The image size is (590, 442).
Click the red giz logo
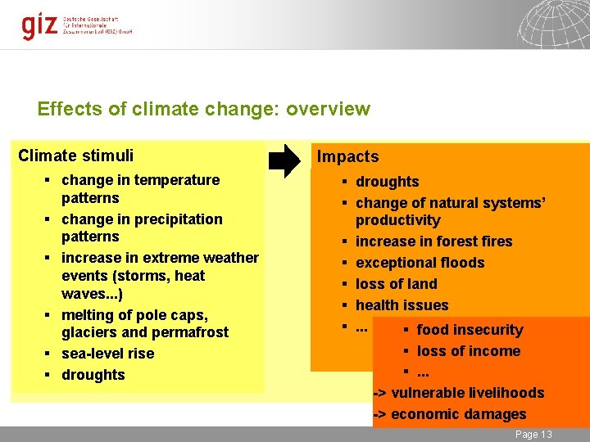pos(39,25)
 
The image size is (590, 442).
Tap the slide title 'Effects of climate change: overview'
pos(204,109)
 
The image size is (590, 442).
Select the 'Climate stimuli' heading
pos(75,156)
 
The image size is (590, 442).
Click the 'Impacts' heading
pos(347,156)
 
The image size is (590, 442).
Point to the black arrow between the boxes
pos(285,160)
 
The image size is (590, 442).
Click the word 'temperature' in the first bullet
pos(179,180)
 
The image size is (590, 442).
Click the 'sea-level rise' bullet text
pos(107,354)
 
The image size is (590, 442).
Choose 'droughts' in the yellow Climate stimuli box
pos(93,375)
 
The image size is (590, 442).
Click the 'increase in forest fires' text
pos(433,241)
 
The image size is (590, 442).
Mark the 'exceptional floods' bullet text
pos(420,263)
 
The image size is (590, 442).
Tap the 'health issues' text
pos(402,305)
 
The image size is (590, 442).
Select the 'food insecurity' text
pos(470,330)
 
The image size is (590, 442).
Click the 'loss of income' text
pos(468,351)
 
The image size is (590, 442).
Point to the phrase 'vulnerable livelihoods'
pos(467,393)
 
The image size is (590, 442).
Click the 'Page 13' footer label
pos(533,434)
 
